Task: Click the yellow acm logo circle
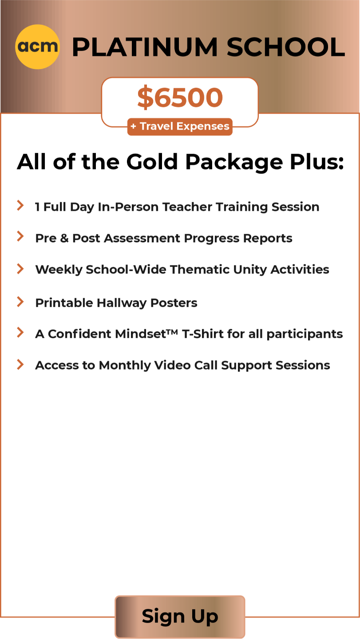[x=37, y=47]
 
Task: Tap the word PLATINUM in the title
[x=145, y=47]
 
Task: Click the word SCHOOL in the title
[x=285, y=47]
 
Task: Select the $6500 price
[x=180, y=97]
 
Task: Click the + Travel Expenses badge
[x=180, y=126]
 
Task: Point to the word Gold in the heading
[x=152, y=162]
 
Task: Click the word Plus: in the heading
[x=317, y=162]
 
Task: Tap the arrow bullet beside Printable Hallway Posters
[x=20, y=302]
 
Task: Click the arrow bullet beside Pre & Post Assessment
[x=20, y=236]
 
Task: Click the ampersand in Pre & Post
[x=64, y=238]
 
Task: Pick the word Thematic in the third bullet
[x=199, y=270]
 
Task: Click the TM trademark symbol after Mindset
[x=172, y=332]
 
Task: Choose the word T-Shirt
[x=202, y=334]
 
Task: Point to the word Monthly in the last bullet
[x=125, y=366]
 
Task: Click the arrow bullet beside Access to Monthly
[x=20, y=364]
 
